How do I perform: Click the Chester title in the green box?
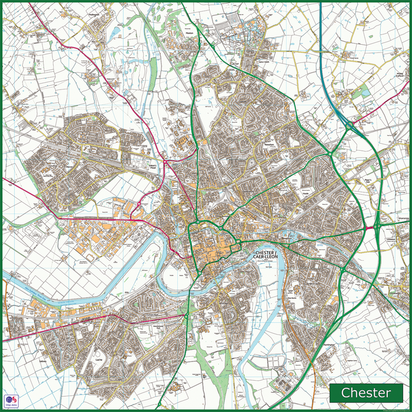(x=366, y=393)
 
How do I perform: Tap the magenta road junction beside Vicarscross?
(x=377, y=227)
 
